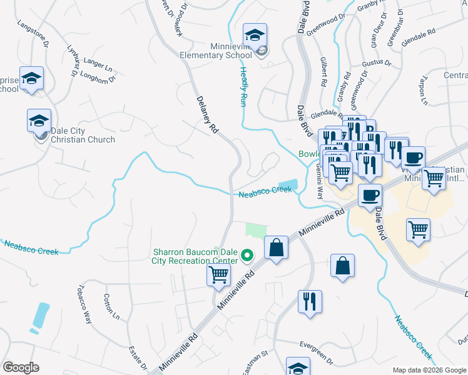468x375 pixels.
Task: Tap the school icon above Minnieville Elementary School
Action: pos(255,34)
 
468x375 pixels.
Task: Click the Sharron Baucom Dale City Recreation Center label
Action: pos(196,257)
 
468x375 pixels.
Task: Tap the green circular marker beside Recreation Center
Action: pos(247,255)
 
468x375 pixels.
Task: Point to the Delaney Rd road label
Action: pos(206,114)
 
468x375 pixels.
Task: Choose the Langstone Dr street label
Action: pos(33,32)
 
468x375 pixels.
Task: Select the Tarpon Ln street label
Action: pos(424,92)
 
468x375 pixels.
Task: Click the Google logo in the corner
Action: pos(21,367)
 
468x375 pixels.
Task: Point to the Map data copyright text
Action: pos(429,370)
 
